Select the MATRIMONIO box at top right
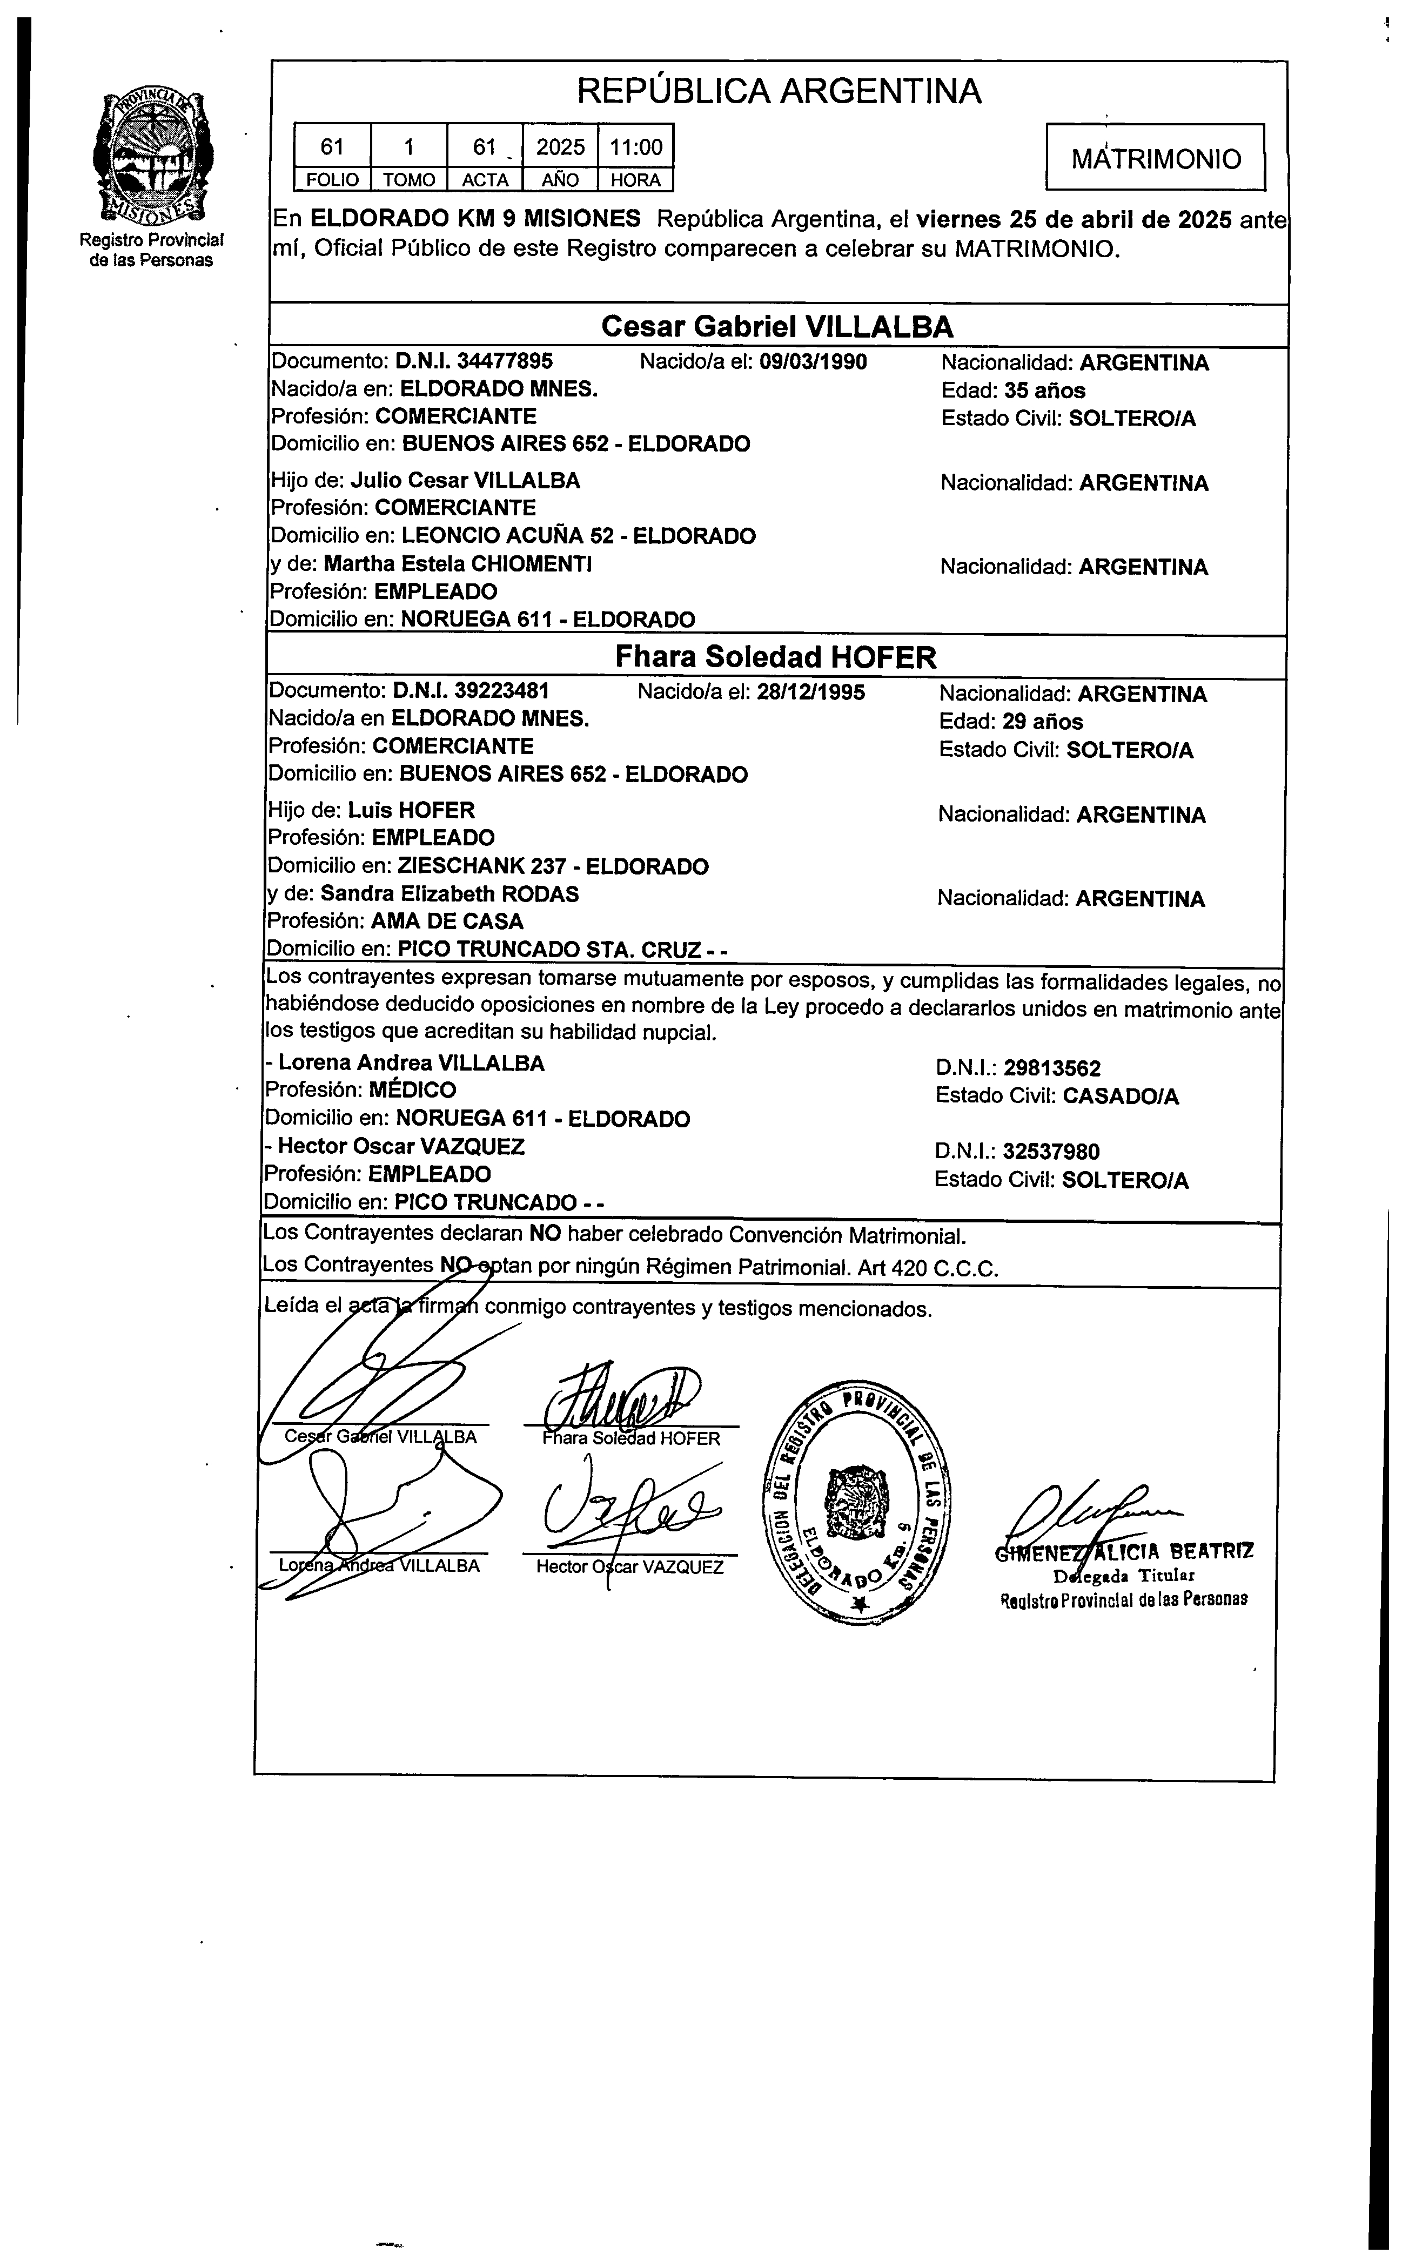(x=1155, y=158)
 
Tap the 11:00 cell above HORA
(x=635, y=146)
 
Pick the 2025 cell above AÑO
(x=560, y=146)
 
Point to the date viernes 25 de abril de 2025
(x=1074, y=220)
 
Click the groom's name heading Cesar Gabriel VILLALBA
(x=777, y=326)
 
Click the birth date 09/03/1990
(x=813, y=361)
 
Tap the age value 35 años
(x=1051, y=390)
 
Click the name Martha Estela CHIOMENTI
(x=458, y=563)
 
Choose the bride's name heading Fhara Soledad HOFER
(x=776, y=657)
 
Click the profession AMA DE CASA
(x=447, y=921)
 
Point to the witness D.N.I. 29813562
(x=1051, y=1068)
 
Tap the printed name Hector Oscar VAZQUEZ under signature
(x=629, y=1566)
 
